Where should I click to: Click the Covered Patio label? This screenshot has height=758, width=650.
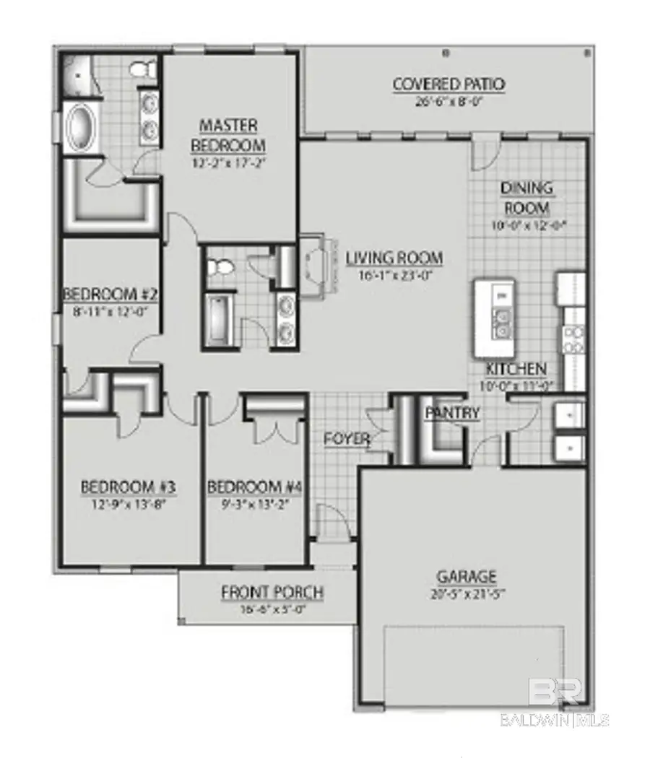tap(448, 84)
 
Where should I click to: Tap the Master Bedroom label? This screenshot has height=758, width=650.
tap(228, 134)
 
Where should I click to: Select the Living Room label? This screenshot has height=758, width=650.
tap(394, 258)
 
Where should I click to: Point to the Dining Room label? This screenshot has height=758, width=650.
tap(526, 198)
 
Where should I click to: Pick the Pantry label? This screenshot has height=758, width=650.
tap(452, 413)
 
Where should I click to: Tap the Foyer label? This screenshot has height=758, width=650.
tap(347, 438)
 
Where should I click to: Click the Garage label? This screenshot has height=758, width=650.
tap(467, 576)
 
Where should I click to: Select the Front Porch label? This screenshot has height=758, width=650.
tap(272, 593)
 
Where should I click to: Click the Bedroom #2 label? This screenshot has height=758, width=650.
tap(110, 294)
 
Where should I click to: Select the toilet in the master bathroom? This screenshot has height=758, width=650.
tap(139, 70)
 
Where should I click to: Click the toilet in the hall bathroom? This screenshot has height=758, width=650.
tap(220, 269)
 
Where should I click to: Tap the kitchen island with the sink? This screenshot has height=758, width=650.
tap(494, 318)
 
